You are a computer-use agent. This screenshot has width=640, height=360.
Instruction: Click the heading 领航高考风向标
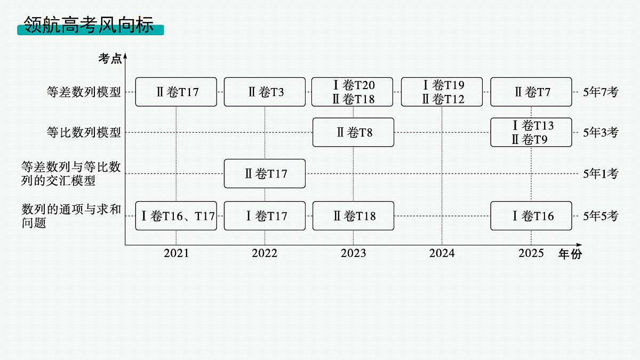(x=89, y=25)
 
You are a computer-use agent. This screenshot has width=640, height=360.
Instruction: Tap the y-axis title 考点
(x=110, y=59)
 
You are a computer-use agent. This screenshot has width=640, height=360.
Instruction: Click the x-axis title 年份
(x=570, y=254)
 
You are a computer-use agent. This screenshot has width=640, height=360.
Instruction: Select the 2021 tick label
(x=177, y=253)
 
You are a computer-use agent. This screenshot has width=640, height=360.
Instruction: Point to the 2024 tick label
(x=442, y=253)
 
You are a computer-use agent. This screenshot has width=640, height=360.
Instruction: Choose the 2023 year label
(x=353, y=253)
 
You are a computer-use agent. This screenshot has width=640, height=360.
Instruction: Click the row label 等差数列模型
(x=84, y=92)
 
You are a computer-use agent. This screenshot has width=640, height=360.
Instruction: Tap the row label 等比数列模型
(x=84, y=132)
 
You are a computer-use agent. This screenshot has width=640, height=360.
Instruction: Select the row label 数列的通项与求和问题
(x=71, y=216)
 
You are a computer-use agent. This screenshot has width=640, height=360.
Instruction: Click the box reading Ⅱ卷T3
(x=265, y=92)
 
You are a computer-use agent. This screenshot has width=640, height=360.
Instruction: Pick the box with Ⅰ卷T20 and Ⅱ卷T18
(x=352, y=92)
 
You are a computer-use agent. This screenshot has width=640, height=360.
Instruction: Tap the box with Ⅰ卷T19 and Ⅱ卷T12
(x=442, y=92)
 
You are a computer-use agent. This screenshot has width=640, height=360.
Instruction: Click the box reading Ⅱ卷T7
(x=531, y=92)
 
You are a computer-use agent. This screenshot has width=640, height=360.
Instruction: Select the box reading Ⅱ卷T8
(x=353, y=132)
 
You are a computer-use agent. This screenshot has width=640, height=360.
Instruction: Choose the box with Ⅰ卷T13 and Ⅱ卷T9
(x=531, y=132)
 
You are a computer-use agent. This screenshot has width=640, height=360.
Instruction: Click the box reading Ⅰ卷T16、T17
(x=176, y=215)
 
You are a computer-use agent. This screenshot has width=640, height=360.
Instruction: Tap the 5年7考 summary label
(x=601, y=92)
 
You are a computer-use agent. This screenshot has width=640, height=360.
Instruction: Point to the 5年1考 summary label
(x=601, y=173)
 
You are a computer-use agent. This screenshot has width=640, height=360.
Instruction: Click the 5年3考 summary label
(x=601, y=132)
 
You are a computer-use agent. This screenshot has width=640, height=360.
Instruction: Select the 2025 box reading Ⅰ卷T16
(x=531, y=215)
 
